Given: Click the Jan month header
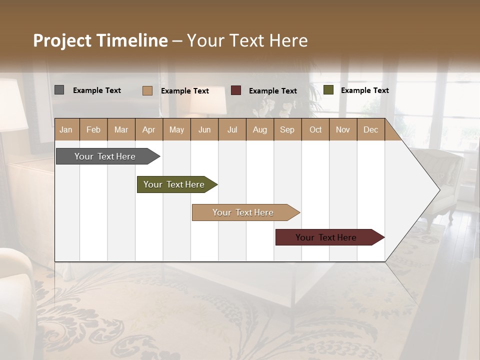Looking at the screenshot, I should point(66,130).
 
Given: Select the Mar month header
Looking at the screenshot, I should point(121,130).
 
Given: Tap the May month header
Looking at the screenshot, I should point(176,130).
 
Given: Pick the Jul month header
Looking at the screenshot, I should point(232,130).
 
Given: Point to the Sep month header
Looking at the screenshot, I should point(287,130).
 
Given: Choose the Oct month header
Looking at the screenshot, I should point(315,130).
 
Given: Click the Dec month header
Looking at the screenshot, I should point(370,130).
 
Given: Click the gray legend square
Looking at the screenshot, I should point(59,90).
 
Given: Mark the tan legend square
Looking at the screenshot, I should point(147,90).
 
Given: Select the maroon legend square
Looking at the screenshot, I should point(236,90).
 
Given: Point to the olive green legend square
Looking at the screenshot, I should point(328,90).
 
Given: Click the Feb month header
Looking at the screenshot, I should point(93,130).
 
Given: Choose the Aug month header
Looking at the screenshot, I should point(259,130).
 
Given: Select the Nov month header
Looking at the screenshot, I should point(343,130).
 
